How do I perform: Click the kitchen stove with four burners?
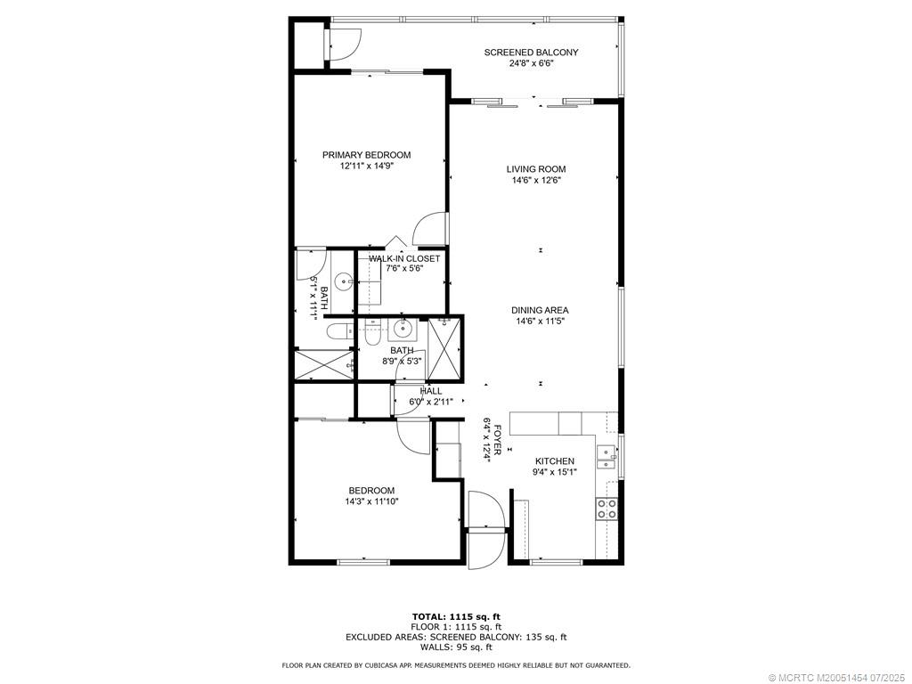(607, 509)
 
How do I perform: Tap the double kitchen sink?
(607, 457)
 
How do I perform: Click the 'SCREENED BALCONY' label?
(531, 53)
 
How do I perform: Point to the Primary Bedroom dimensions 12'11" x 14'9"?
(366, 166)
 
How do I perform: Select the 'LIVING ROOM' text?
(536, 169)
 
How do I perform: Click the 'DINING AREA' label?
(540, 310)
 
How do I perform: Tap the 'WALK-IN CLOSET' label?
(404, 258)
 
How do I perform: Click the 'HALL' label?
(430, 391)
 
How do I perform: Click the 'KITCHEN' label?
(554, 461)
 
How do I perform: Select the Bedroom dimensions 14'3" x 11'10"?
(371, 501)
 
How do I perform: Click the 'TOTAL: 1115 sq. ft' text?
(456, 616)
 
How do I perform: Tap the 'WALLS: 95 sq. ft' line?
(456, 647)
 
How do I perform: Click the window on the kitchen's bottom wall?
(556, 562)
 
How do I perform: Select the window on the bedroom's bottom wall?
(362, 561)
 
